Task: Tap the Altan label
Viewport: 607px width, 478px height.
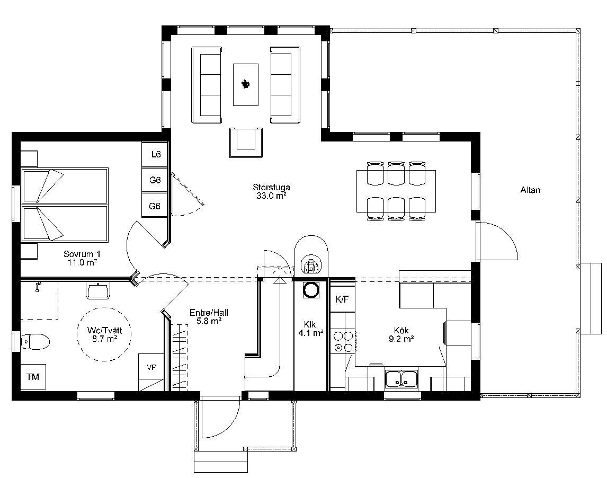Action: coord(530,190)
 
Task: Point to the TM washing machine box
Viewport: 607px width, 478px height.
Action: coord(33,376)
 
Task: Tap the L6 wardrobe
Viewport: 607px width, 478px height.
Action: coord(155,155)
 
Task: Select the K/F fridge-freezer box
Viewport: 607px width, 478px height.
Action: coord(342,299)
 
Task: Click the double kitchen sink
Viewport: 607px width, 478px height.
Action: coord(401,378)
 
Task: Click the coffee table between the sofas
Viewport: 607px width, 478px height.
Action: coord(245,84)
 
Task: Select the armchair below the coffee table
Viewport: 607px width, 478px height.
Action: coord(246,142)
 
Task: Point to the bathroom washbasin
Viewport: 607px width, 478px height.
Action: coord(99,290)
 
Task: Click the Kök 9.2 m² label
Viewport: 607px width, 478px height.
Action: coord(401,335)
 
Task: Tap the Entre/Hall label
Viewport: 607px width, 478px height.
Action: coord(209,316)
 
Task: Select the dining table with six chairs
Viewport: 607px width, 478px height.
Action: coord(396,191)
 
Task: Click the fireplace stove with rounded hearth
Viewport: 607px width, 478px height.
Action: coord(311,260)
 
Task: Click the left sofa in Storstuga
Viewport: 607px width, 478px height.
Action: coord(207,85)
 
